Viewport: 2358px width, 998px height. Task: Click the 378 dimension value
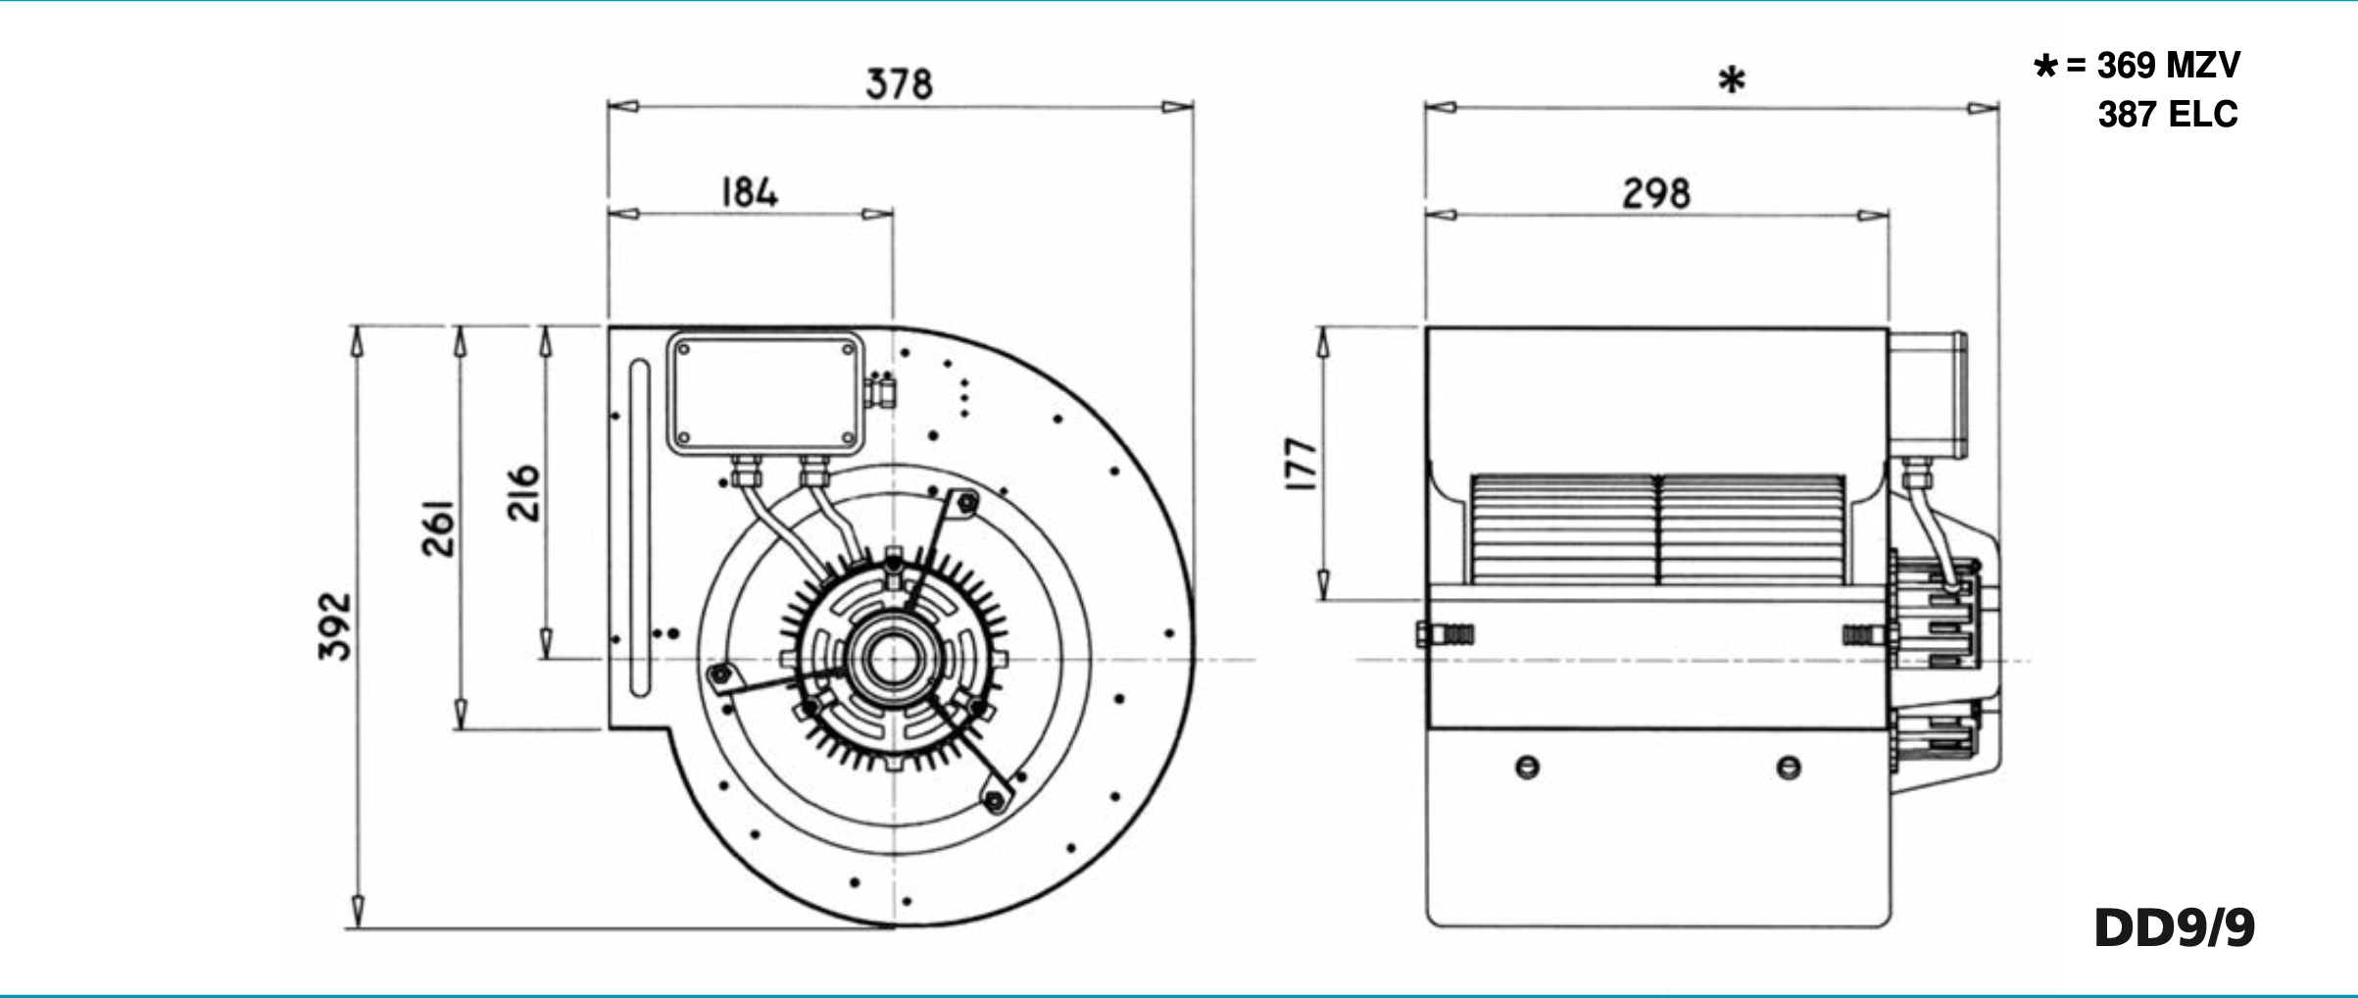899,84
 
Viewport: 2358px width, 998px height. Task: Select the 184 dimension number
750,192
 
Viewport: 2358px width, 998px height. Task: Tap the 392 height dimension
335,626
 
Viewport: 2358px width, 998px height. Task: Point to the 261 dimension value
438,528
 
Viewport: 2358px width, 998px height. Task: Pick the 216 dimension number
523,493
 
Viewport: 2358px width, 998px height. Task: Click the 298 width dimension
1656,193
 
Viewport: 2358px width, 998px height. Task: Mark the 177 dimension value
1301,464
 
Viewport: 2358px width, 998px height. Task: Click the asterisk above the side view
1732,80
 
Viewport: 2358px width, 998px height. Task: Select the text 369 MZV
2168,66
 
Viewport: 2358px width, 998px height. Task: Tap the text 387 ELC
2168,115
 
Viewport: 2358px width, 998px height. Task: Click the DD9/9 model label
2174,927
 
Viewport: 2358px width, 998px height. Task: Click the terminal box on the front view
765,393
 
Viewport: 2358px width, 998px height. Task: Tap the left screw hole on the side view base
1527,768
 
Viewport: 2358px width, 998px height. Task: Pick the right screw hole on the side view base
1789,768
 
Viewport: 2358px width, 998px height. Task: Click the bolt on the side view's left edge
1444,633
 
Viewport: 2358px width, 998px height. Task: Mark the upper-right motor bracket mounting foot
966,503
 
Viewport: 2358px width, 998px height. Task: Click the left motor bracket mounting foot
720,674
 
